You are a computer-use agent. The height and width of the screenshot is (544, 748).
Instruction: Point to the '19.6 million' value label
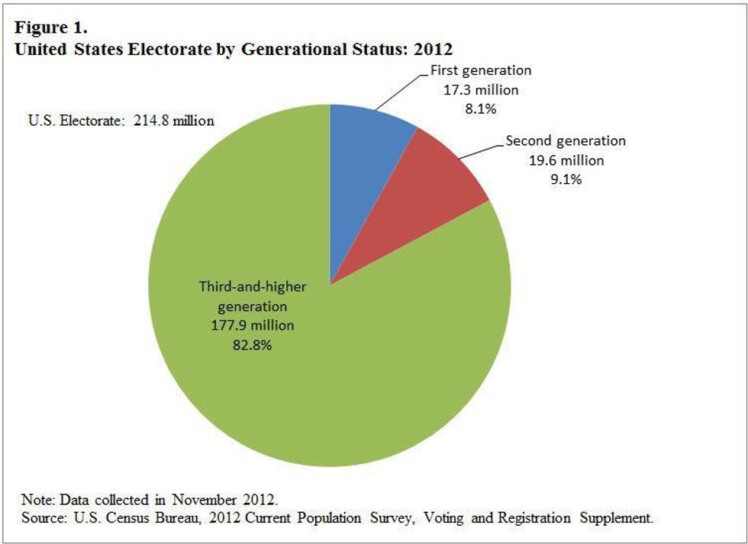click(566, 160)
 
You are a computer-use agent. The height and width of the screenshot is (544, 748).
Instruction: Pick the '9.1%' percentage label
click(566, 179)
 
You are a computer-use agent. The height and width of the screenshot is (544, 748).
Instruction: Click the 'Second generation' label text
click(566, 141)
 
